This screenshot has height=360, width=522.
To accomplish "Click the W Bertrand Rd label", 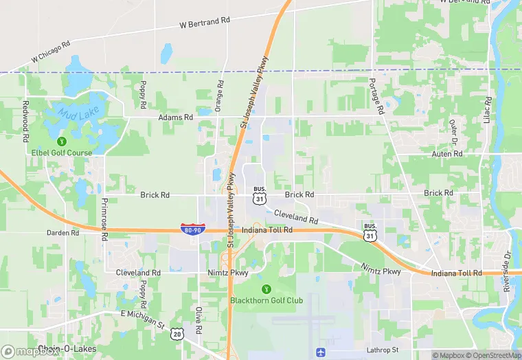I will pos(204,23).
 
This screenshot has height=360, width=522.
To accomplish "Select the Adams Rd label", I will pos(175,117).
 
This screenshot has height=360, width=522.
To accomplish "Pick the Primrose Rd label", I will pos(104,218).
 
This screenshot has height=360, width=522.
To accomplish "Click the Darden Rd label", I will pos(63,233).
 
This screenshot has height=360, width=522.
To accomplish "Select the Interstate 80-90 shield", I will pos(192,228).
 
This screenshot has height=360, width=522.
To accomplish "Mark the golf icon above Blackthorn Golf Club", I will pos(266,289).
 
